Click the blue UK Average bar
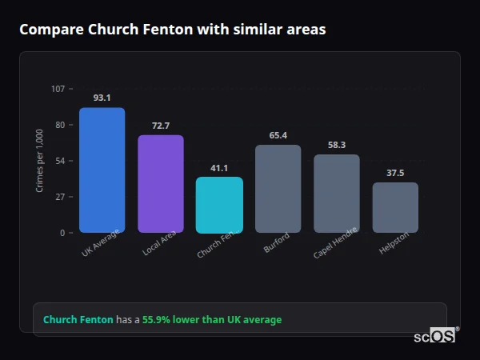102,170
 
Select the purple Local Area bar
161,183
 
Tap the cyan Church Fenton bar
219,205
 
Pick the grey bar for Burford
278,189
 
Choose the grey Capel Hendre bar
336,194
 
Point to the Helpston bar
395,207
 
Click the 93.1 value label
102,98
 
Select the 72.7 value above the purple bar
161,126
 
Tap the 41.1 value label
219,168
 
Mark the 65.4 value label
278,135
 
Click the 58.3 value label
336,145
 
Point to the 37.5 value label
395,173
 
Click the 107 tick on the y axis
58,89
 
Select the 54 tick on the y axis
60,161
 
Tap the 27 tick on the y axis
60,197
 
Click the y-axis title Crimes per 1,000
40,160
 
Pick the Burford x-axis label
277,243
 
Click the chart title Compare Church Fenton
172,30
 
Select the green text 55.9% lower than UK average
212,319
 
